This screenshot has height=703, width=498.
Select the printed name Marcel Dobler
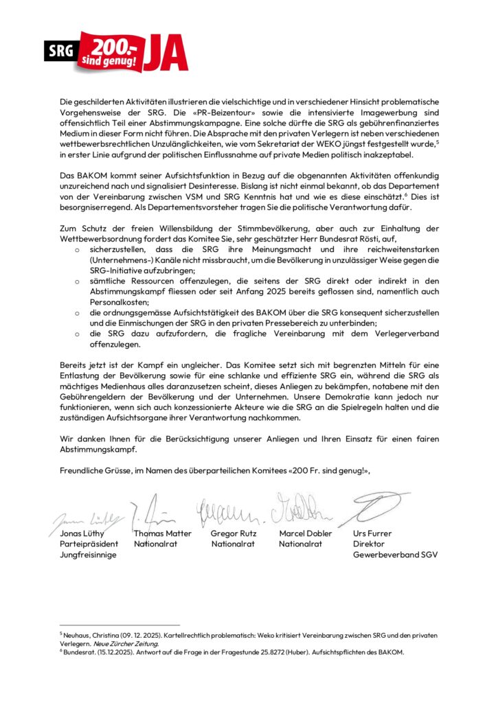pyautogui.click(x=305, y=533)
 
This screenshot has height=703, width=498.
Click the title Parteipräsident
pyautogui.click(x=89, y=544)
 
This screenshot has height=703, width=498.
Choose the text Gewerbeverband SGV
pyautogui.click(x=395, y=555)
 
